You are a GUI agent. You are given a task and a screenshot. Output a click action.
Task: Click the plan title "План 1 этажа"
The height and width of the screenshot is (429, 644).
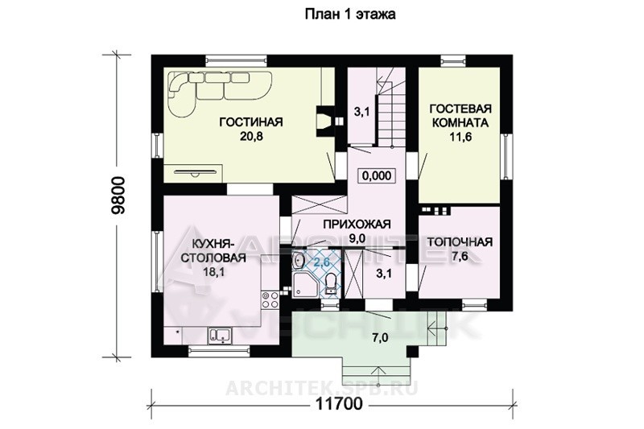coord(350,14)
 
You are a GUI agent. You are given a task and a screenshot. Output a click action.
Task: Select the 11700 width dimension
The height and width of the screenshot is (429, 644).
coord(339,404)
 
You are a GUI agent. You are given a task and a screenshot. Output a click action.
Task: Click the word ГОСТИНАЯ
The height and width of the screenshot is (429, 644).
coord(251,122)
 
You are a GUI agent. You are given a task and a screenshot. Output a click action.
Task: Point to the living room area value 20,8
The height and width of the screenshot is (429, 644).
coord(251,137)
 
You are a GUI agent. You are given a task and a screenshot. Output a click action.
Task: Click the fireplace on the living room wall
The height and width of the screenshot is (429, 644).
coord(324,121)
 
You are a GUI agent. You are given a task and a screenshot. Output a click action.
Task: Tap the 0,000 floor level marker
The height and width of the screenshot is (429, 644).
coord(377,175)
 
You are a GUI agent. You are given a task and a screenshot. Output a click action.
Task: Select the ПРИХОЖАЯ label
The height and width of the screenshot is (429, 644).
coord(357,225)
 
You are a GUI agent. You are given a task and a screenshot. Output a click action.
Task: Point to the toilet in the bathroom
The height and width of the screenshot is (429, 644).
coord(329,283)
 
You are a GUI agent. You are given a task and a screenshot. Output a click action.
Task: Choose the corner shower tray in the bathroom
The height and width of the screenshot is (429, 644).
coord(304,284)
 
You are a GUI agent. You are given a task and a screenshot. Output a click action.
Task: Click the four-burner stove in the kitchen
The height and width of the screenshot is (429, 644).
coord(270,299)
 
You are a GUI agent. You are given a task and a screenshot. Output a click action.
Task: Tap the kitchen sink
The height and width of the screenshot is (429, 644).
coord(219,336)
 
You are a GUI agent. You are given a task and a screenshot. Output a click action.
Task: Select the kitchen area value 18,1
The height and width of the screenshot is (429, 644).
coord(213,272)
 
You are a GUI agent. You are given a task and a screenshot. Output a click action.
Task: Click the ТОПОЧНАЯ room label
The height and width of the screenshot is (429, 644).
coord(460,242)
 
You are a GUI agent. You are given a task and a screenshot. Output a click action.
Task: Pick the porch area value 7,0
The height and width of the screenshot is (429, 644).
coord(379,338)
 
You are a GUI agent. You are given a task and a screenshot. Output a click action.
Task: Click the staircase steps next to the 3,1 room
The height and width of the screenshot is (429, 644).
coord(391,108)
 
